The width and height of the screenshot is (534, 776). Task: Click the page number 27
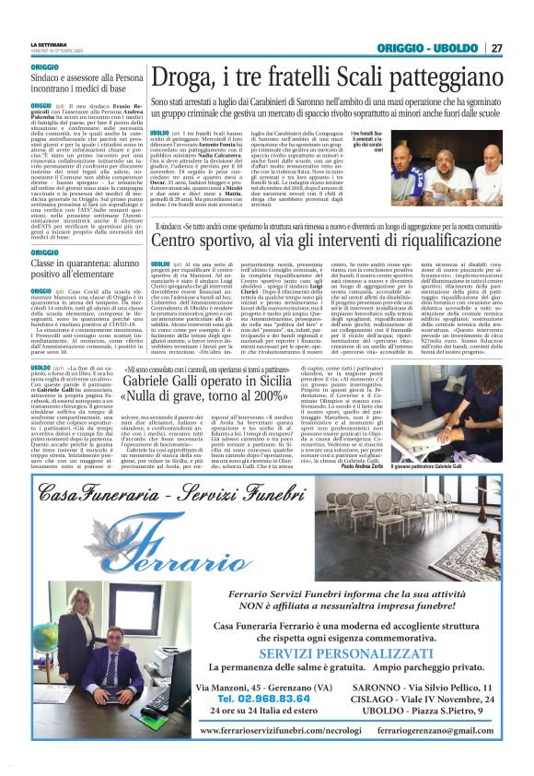496,47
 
